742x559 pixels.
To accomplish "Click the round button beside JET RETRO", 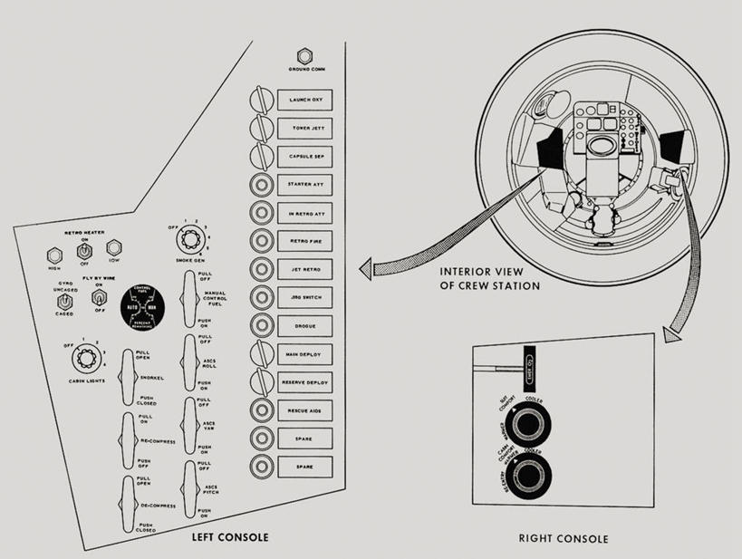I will (261, 269).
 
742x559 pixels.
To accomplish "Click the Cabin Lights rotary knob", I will (89, 362).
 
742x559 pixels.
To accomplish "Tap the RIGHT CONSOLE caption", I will (564, 539).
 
